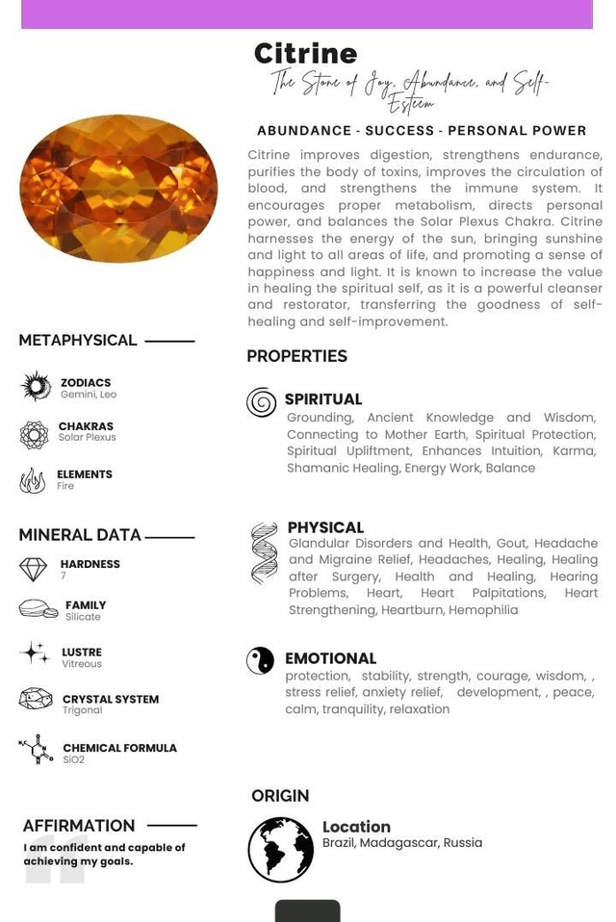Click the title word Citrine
[x=305, y=54]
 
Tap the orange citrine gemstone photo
[x=118, y=189]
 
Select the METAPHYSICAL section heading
[x=78, y=341]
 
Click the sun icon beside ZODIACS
[x=37, y=387]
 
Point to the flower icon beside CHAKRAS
[x=34, y=435]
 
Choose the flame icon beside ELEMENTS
[x=33, y=479]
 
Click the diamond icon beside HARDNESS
[x=33, y=569]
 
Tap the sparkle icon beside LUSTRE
[x=35, y=653]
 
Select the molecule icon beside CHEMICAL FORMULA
[x=37, y=749]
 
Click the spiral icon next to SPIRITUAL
[x=261, y=402]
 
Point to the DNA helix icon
[x=264, y=553]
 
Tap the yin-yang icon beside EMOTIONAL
[x=260, y=660]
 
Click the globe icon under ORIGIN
[x=280, y=850]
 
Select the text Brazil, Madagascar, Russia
[x=401, y=843]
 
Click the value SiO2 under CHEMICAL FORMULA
[x=74, y=760]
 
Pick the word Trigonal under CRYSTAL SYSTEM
[x=82, y=711]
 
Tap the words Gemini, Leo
[x=89, y=395]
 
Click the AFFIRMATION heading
[x=79, y=826]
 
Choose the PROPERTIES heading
[x=296, y=357]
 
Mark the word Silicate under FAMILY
[x=83, y=617]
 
